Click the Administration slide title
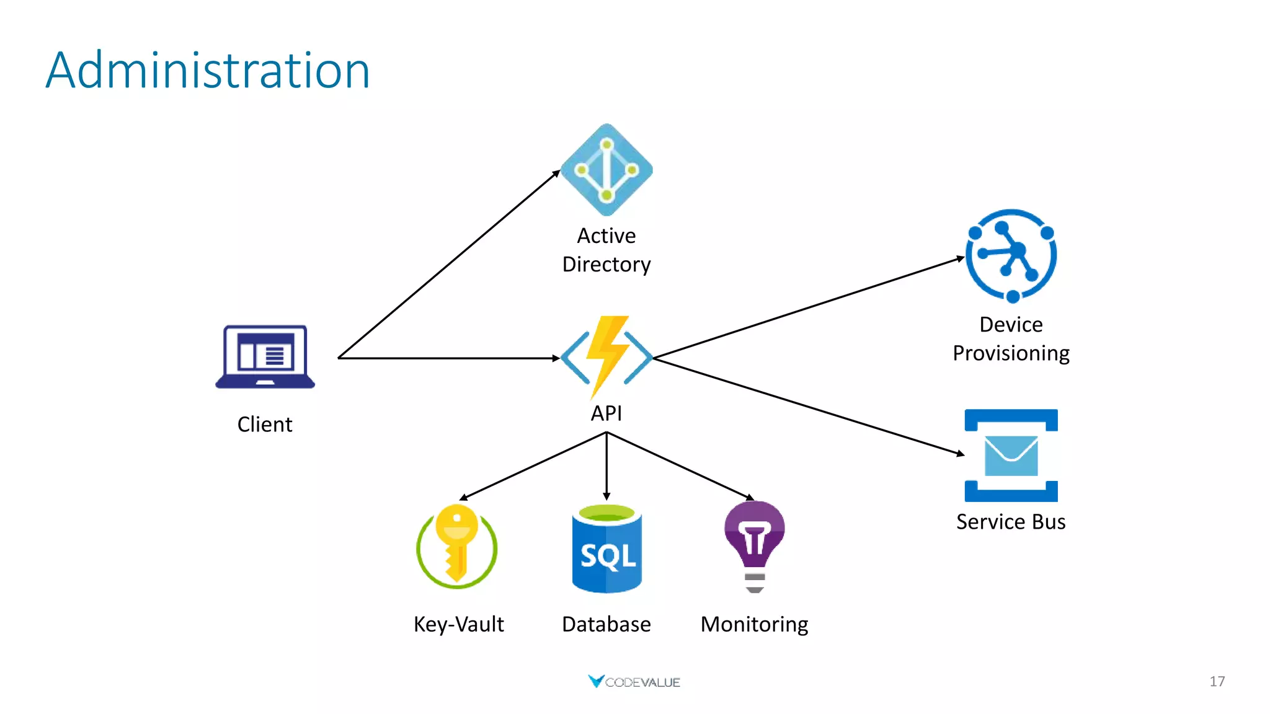208,71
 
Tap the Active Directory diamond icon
606,170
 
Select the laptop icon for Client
265,357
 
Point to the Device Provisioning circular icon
1011,255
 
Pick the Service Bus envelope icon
1011,456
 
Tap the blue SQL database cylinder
606,549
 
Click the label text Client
265,425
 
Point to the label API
606,413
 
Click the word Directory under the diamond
606,265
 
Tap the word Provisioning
1011,353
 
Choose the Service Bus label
1011,522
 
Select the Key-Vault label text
458,624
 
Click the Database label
606,624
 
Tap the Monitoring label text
754,624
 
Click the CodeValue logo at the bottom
634,682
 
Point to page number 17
1217,682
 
